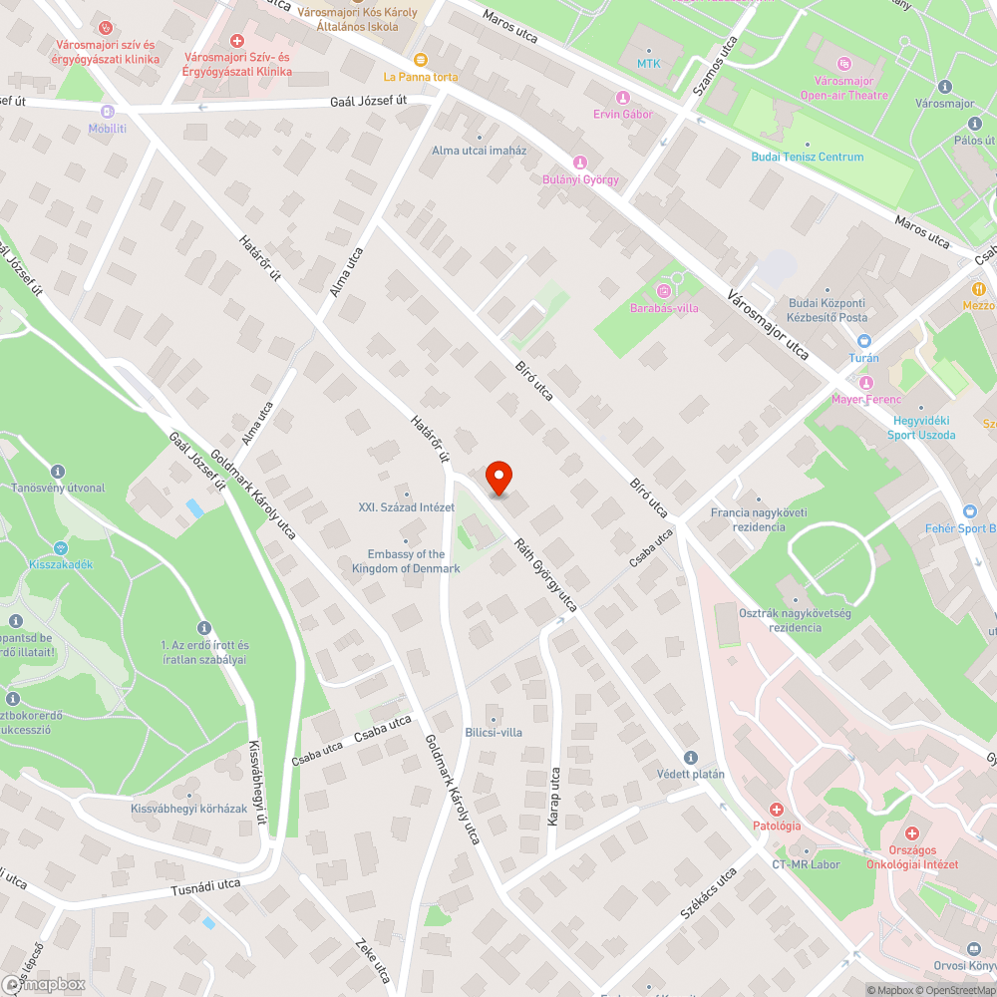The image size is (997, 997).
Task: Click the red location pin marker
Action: (x=498, y=478)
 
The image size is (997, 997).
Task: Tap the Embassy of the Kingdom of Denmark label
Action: (x=406, y=561)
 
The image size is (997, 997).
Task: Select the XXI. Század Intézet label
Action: (x=406, y=507)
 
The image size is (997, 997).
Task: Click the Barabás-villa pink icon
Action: (x=664, y=290)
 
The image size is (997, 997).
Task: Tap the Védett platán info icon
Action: (x=691, y=758)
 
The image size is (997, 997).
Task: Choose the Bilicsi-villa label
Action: (x=493, y=733)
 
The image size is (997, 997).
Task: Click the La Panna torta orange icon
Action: (x=421, y=60)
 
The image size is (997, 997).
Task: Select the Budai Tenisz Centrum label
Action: (x=808, y=157)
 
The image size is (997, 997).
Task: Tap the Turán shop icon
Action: (x=863, y=341)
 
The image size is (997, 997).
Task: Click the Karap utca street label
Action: (x=554, y=795)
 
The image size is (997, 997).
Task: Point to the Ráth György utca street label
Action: (x=546, y=574)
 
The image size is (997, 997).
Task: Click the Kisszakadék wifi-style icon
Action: (x=60, y=547)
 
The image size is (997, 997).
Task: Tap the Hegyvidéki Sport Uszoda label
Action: (x=923, y=428)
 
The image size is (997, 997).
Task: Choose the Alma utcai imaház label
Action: (x=479, y=151)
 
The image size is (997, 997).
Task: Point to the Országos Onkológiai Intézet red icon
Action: (x=911, y=832)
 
